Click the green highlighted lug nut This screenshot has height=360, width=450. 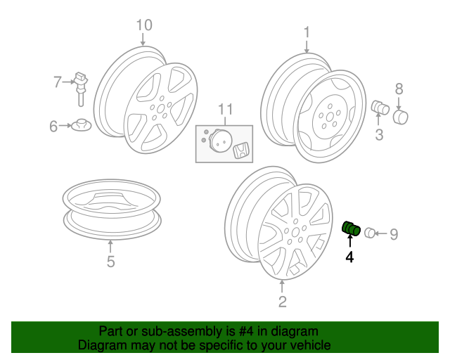[351, 229]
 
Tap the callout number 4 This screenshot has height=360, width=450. [349, 257]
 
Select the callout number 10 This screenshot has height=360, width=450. [144, 25]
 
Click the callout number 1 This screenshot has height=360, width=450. [307, 32]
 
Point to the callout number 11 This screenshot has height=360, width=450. [226, 109]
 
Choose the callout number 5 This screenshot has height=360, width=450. [111, 262]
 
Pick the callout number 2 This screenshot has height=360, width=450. [283, 302]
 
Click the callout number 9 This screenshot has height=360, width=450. [394, 234]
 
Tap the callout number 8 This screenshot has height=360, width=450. [399, 89]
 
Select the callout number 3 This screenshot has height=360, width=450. [379, 134]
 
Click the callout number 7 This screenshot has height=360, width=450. [58, 82]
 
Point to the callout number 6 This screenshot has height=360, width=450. [53, 127]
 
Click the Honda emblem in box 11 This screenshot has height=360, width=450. [241, 150]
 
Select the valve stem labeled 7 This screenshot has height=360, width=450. [81, 89]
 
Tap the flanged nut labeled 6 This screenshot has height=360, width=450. [82, 125]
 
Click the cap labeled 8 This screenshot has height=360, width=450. [400, 117]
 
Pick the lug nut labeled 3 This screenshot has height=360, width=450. [380, 108]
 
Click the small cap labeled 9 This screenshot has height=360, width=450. [370, 233]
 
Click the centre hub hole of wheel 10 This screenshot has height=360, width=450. [161, 108]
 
